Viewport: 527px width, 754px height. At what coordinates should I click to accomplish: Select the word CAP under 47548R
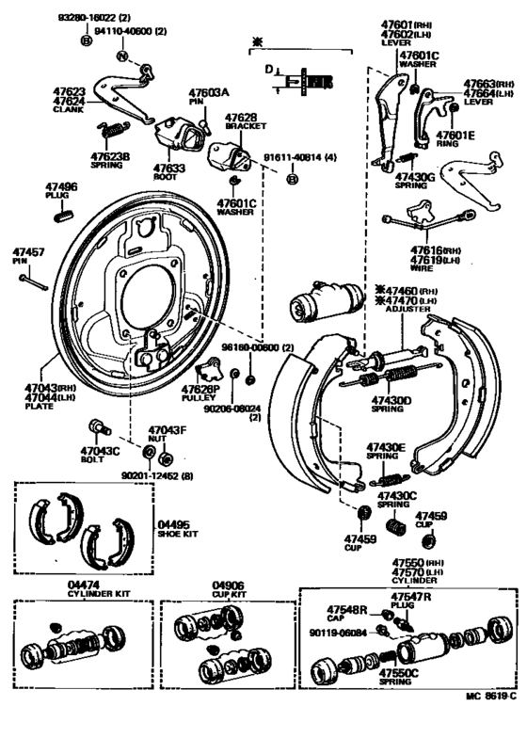[x=338, y=619]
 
